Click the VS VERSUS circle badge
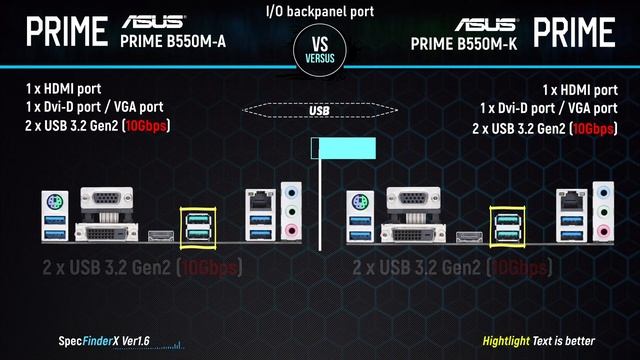coord(320,49)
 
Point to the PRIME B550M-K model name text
coord(466,43)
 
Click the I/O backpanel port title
coord(320,10)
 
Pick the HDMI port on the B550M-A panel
coord(158,237)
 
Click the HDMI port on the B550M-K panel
coord(466,237)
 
